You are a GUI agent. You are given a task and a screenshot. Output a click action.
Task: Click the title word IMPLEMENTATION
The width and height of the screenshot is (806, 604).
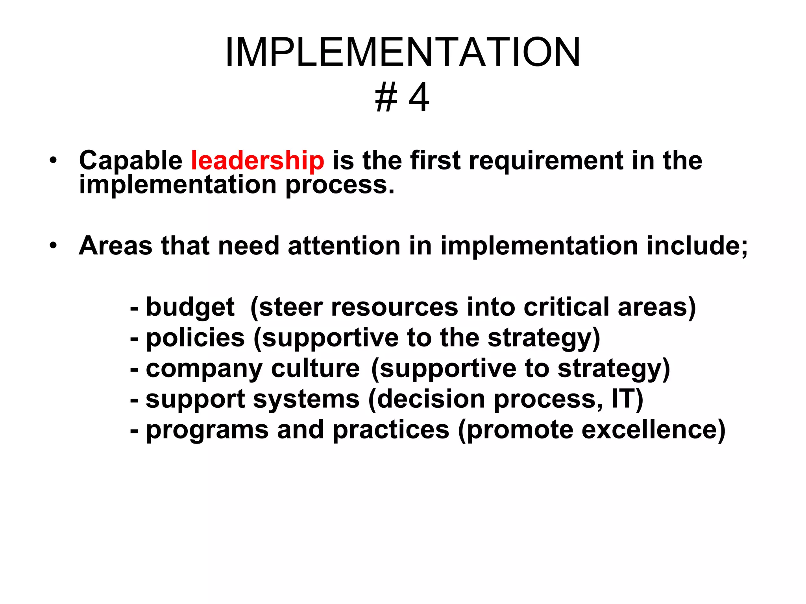pos(402,52)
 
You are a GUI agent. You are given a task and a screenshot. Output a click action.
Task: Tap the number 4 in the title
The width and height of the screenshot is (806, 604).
pos(419,98)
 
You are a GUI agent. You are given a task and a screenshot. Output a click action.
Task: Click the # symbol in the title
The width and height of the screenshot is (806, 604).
pos(386,98)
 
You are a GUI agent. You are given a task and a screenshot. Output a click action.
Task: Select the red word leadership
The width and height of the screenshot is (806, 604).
pos(257,161)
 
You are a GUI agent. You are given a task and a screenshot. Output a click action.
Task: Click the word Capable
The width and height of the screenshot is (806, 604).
pos(130,161)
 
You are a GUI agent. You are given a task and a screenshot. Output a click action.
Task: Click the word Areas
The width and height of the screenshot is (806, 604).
pos(115,246)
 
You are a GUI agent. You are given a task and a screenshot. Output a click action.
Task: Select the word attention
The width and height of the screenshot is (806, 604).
pos(344,246)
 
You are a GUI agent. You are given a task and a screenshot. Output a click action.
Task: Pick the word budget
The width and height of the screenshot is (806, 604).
pos(190,307)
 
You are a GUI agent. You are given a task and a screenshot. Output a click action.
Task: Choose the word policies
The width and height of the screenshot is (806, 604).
pos(195,338)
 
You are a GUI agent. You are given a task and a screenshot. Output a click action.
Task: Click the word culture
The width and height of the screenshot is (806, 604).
pos(315,369)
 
